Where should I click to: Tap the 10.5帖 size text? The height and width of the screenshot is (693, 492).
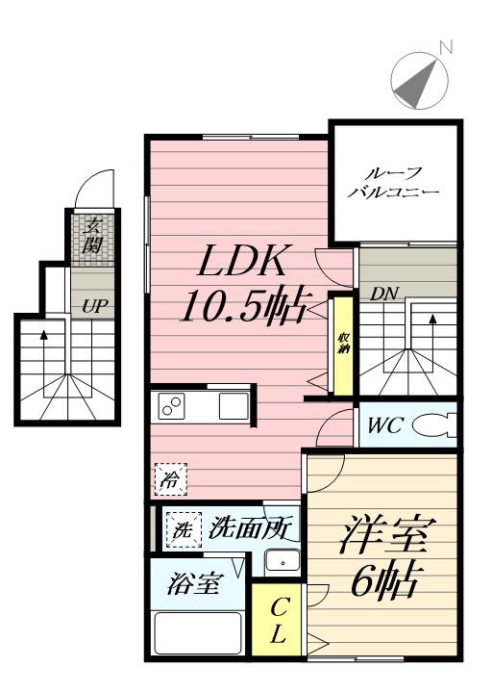[x=243, y=307]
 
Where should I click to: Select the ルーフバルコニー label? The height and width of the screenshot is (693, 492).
[x=393, y=183]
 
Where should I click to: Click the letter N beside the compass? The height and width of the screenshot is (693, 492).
[x=447, y=47]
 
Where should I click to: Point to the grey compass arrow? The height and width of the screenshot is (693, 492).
[x=416, y=84]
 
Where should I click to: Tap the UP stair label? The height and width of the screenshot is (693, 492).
[x=92, y=306]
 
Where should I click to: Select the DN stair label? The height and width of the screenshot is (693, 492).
[x=383, y=294]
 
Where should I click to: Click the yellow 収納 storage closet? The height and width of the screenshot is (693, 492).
[x=343, y=346]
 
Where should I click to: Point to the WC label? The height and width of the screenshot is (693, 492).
[x=384, y=425]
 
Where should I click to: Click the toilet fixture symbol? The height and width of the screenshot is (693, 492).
[x=434, y=425]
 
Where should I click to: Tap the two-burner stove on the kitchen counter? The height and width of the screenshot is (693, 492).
[x=171, y=405]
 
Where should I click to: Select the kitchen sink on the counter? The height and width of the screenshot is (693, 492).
[x=234, y=405]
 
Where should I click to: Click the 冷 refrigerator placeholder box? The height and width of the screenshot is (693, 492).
[x=171, y=479]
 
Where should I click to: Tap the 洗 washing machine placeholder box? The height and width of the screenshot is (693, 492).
[x=184, y=530]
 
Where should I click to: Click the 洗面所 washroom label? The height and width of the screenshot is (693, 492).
[x=250, y=527]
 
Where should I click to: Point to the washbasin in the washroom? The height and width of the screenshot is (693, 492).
[x=283, y=561]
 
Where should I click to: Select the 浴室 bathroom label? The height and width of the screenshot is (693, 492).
[x=194, y=584]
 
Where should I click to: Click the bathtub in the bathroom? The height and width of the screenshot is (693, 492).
[x=199, y=633]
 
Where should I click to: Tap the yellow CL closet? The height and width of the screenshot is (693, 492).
[x=277, y=620]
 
